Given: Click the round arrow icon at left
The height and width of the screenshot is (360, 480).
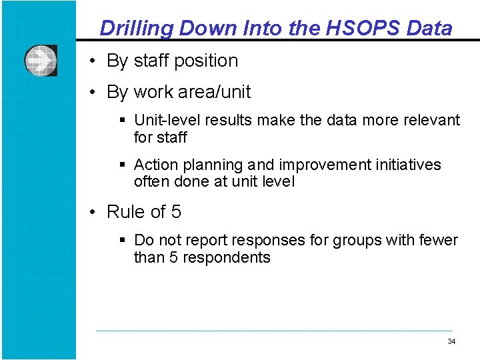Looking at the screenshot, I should coord(41,61).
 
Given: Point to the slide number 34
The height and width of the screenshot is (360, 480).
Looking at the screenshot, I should coord(451,341).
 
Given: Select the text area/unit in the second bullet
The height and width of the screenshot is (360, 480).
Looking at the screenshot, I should coord(215,92).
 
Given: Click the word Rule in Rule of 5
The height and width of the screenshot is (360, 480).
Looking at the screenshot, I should coord(126,212).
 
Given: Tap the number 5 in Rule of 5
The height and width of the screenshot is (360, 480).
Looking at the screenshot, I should coord(176,212).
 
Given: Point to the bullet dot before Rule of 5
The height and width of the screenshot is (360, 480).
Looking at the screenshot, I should coord(96,213).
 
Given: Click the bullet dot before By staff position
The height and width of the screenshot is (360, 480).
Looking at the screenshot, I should coord(96,61).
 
